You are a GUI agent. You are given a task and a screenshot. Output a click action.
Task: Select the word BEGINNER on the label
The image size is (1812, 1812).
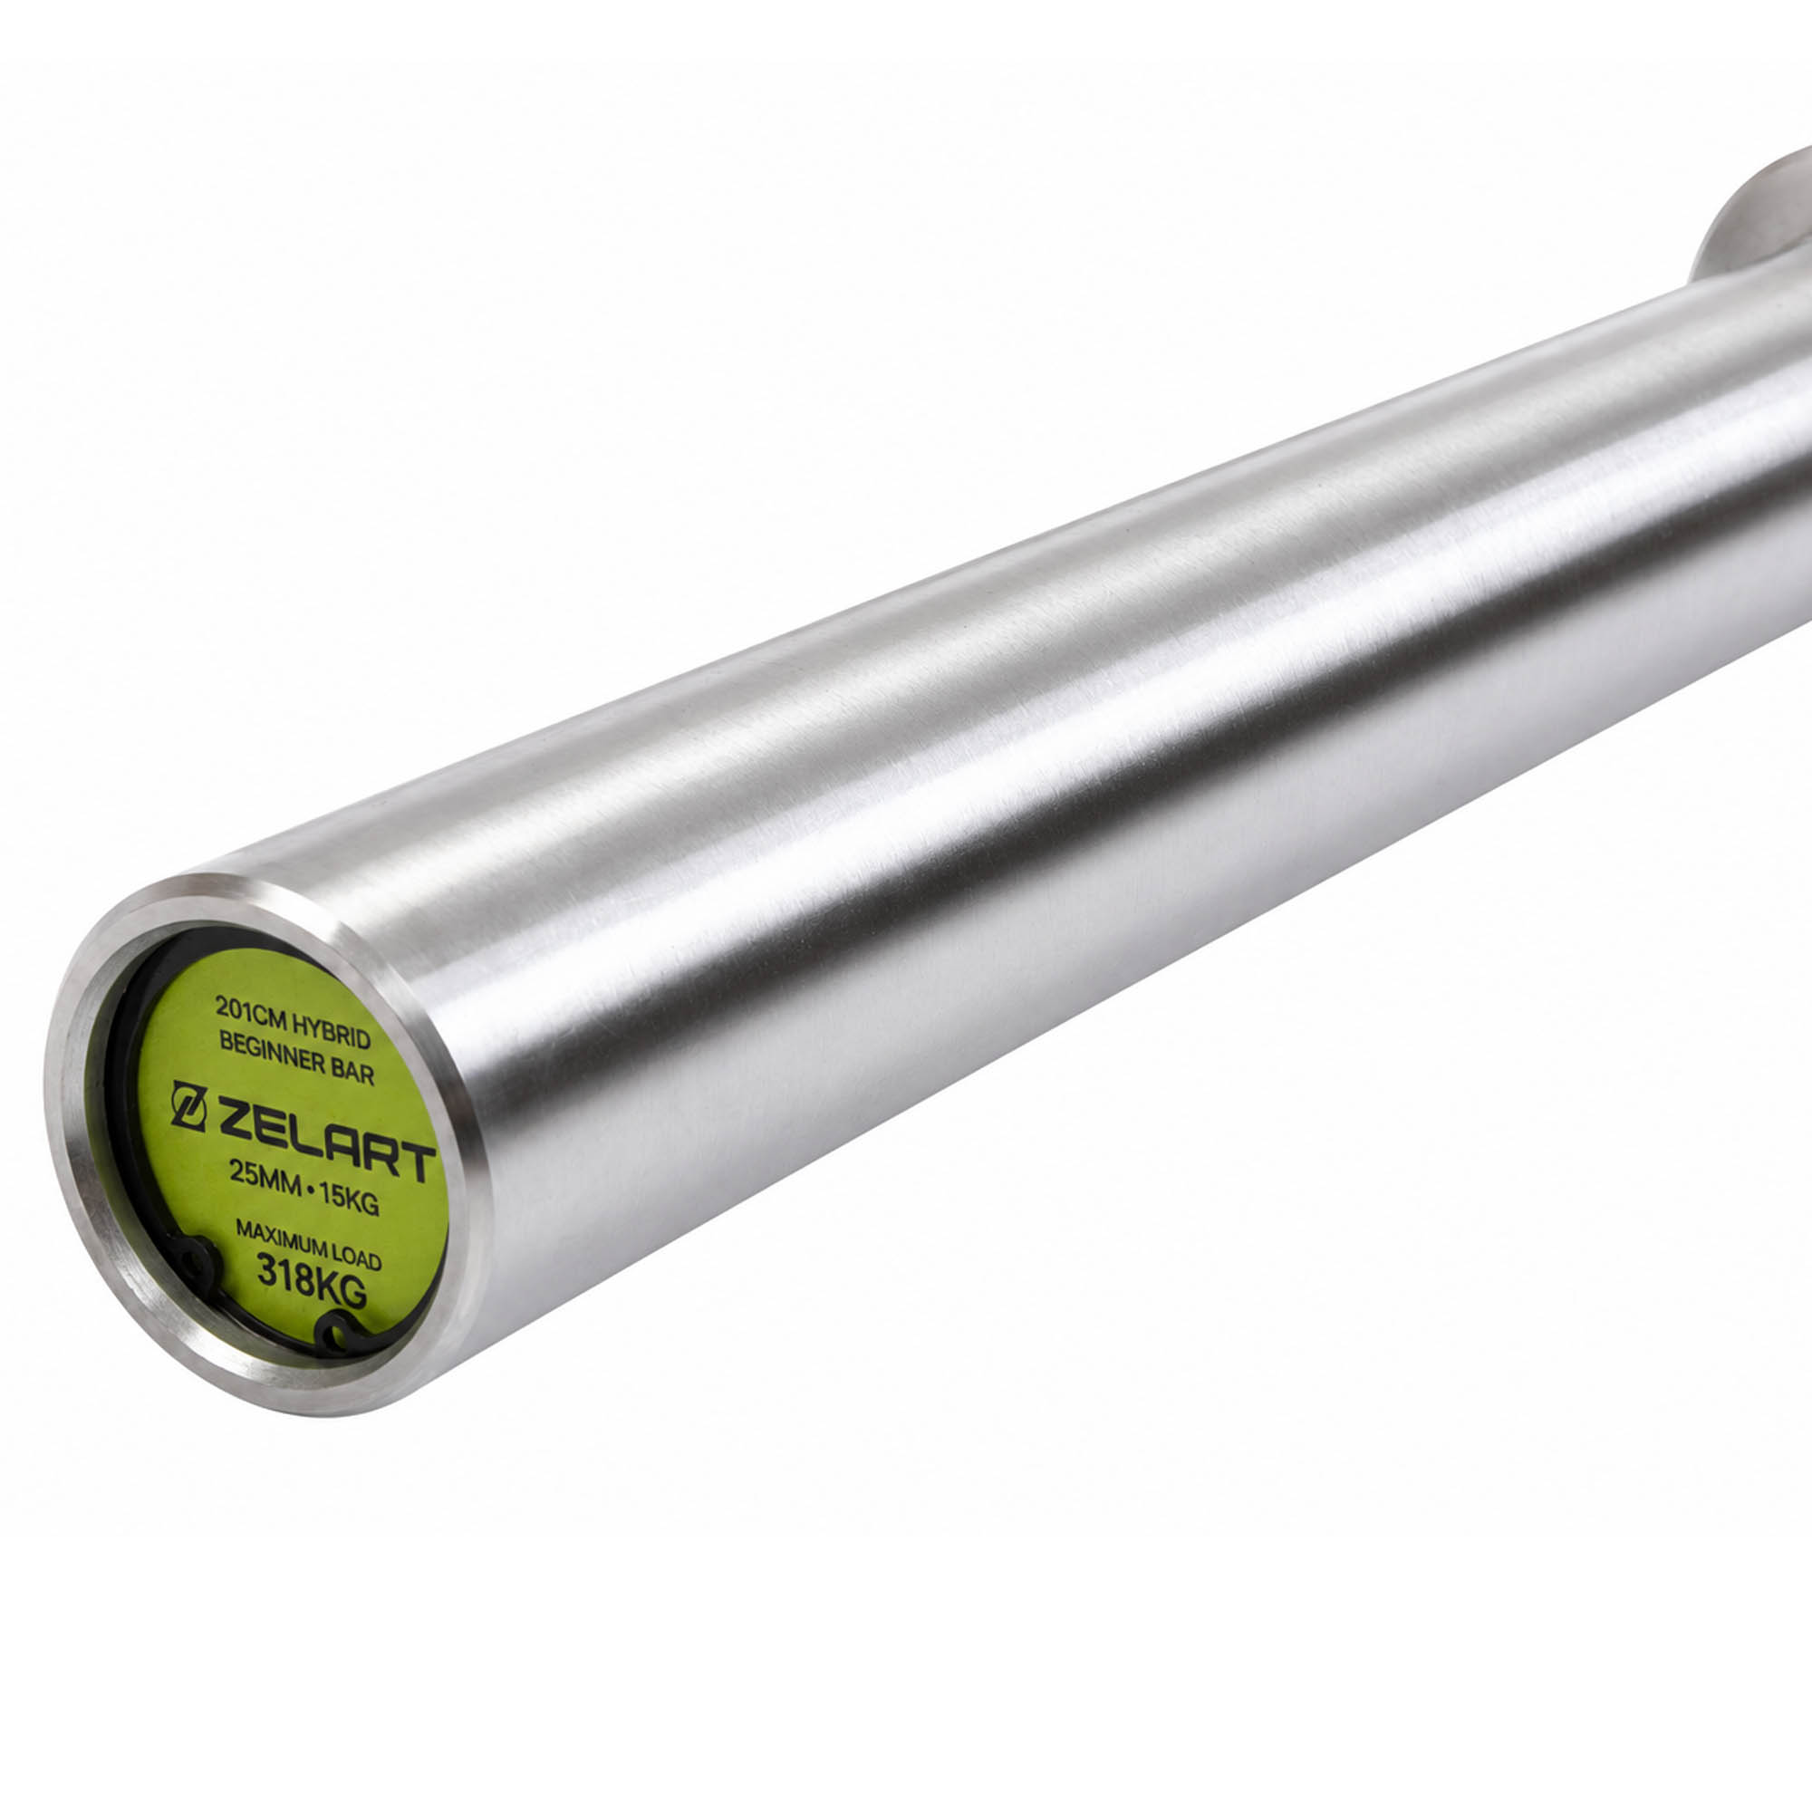click(x=267, y=1051)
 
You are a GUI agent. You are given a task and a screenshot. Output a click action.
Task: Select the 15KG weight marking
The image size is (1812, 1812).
click(x=348, y=1200)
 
